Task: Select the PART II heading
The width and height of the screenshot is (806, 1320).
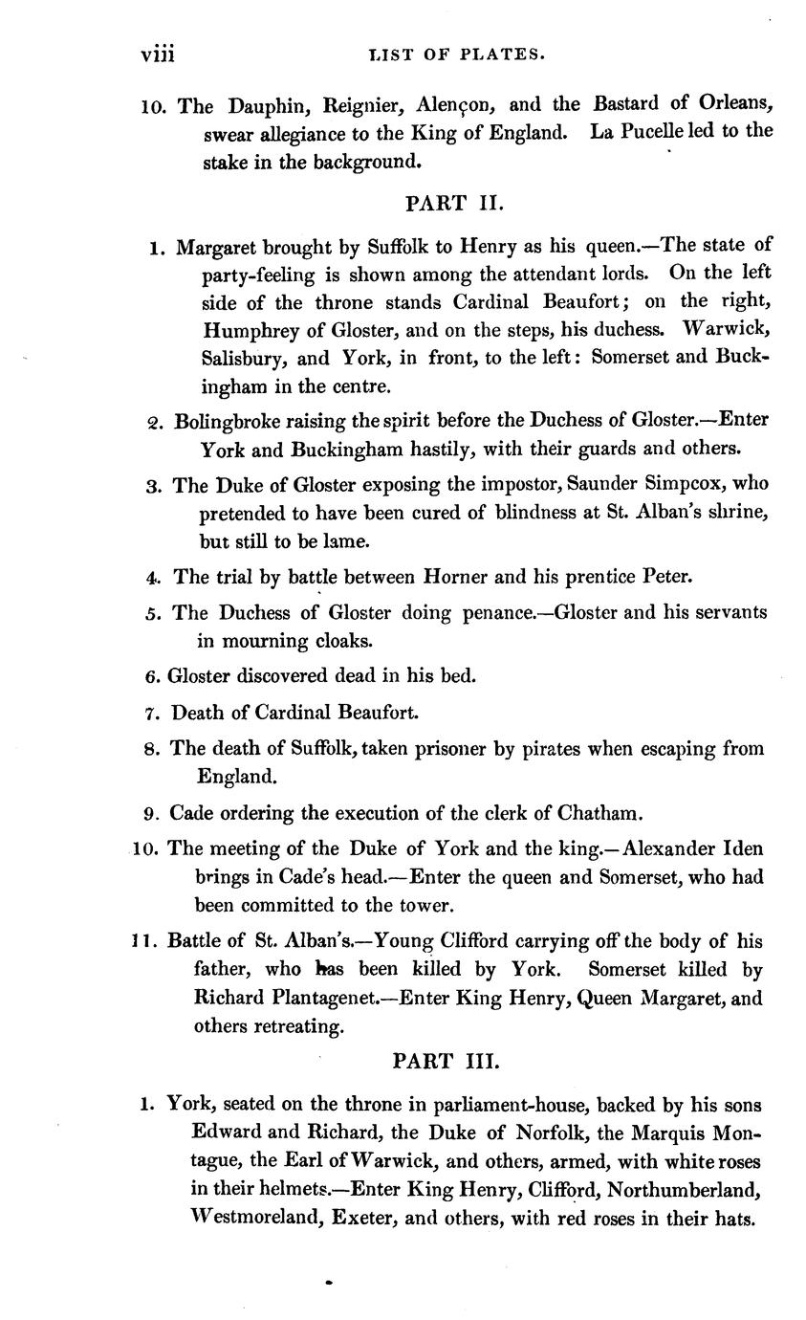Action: coord(448,203)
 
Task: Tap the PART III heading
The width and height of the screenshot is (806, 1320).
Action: coord(447,1061)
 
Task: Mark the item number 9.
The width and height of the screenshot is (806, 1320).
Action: coord(150,814)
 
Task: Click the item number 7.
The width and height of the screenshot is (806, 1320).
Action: coord(151,714)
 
